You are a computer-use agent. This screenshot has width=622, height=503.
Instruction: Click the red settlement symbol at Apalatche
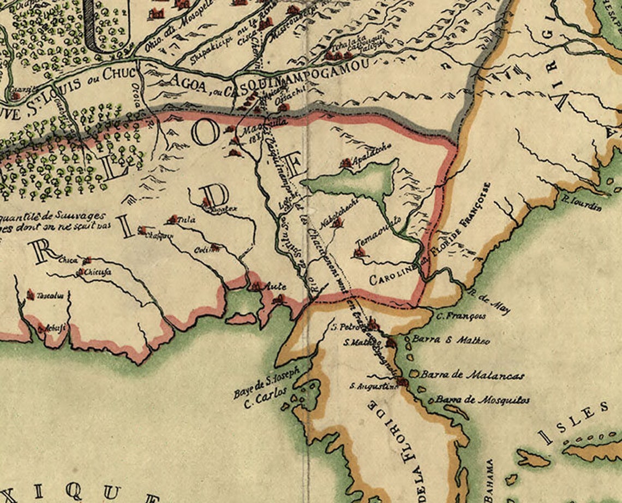click(345, 163)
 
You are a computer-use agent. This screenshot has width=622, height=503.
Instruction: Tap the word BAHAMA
click(489, 481)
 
